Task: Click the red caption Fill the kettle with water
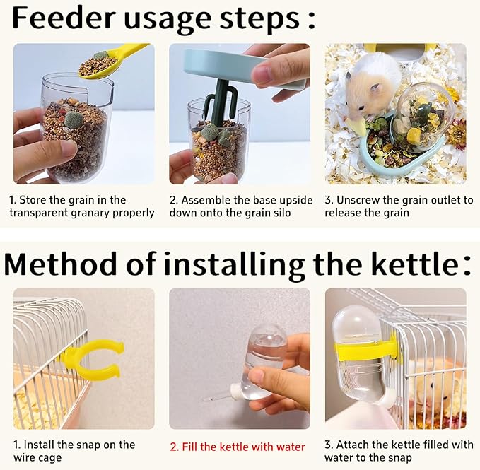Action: click(x=238, y=447)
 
